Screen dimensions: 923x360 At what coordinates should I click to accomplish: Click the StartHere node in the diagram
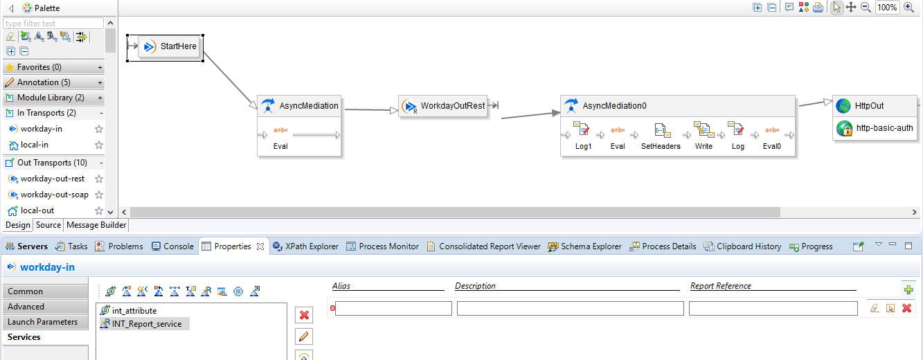coord(170,46)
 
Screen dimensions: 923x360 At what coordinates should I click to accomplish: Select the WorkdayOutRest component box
coord(443,107)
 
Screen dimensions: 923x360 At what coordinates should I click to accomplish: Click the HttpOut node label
coord(869,106)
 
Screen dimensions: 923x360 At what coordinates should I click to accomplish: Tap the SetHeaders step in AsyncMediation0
coord(661,136)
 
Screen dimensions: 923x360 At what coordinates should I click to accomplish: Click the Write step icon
coord(704,129)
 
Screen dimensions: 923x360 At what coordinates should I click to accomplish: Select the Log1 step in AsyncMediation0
coord(583,136)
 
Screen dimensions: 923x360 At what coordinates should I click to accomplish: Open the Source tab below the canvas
coord(48,225)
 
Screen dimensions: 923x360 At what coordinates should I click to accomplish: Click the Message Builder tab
coord(96,225)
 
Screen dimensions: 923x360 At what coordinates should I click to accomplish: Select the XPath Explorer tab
coord(306,246)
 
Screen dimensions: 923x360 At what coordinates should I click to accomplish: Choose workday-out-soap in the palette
coord(55,195)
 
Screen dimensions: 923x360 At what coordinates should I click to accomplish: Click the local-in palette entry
coord(34,145)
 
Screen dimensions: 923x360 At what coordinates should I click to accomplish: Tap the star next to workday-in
coord(99,129)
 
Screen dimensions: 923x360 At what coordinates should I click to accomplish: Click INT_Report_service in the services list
coord(146,324)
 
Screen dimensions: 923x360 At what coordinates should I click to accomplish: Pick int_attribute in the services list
coord(134,311)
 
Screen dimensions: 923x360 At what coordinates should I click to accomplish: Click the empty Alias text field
coord(393,309)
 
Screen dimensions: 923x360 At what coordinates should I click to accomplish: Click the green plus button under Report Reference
coord(908,289)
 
